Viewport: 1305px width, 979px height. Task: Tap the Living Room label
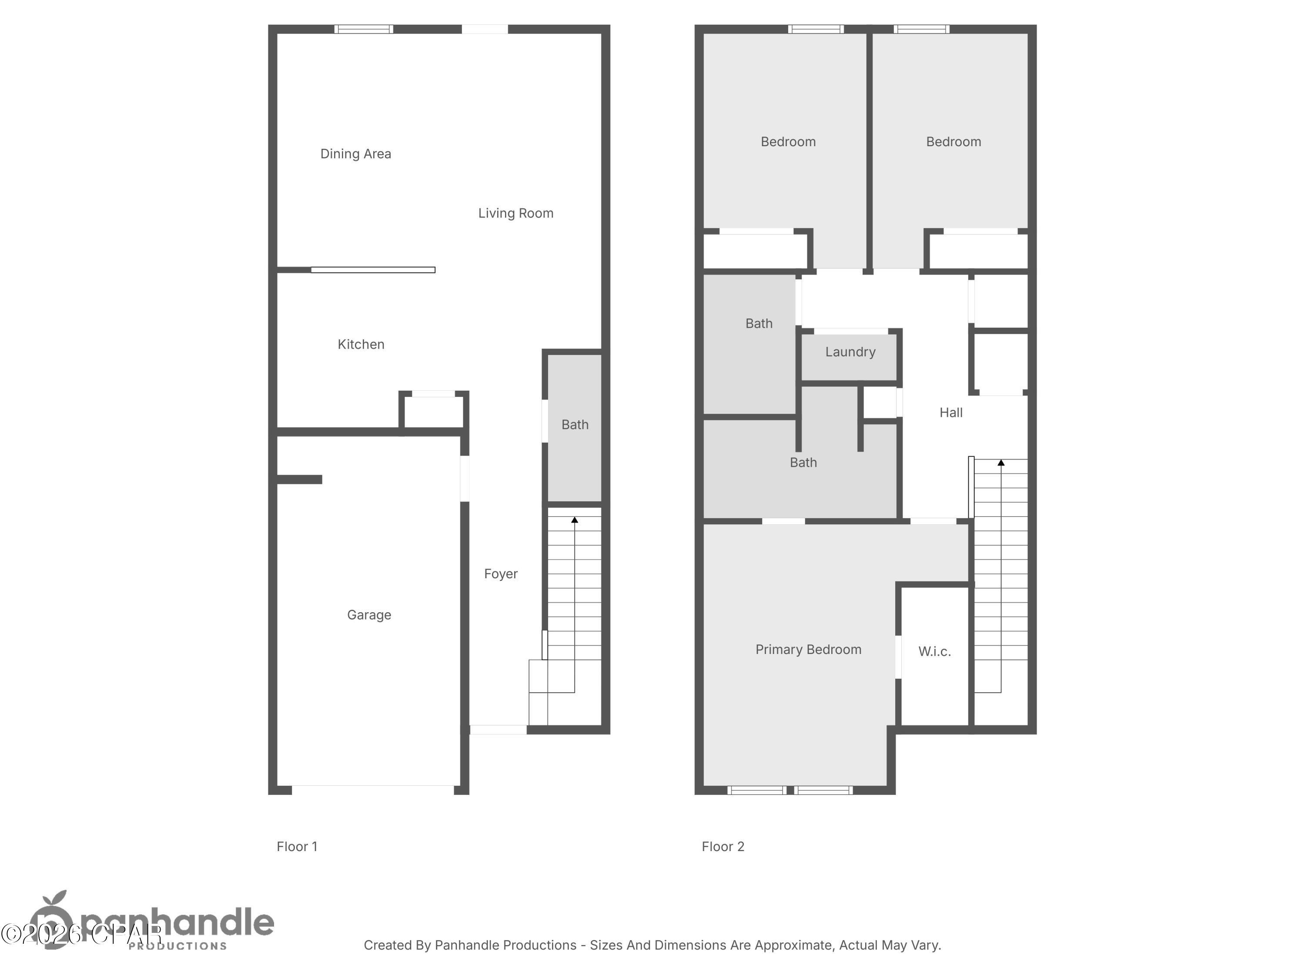[515, 214]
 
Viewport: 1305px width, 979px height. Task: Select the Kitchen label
[361, 345]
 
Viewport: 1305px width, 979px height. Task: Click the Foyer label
[500, 574]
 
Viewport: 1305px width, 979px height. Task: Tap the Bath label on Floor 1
[575, 425]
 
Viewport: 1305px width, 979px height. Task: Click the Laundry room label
[850, 352]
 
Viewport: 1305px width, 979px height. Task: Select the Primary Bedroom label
[808, 650]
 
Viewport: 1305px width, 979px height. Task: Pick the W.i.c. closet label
[934, 651]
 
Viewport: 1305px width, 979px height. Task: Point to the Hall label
[950, 413]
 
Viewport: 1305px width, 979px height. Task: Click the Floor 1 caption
[297, 847]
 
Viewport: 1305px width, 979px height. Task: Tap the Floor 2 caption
[723, 847]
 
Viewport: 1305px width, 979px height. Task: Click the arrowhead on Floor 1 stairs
[575, 520]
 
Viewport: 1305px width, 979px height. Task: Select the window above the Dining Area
[363, 29]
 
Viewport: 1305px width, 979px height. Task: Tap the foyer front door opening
[498, 730]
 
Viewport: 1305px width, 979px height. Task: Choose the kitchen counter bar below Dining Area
[373, 270]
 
